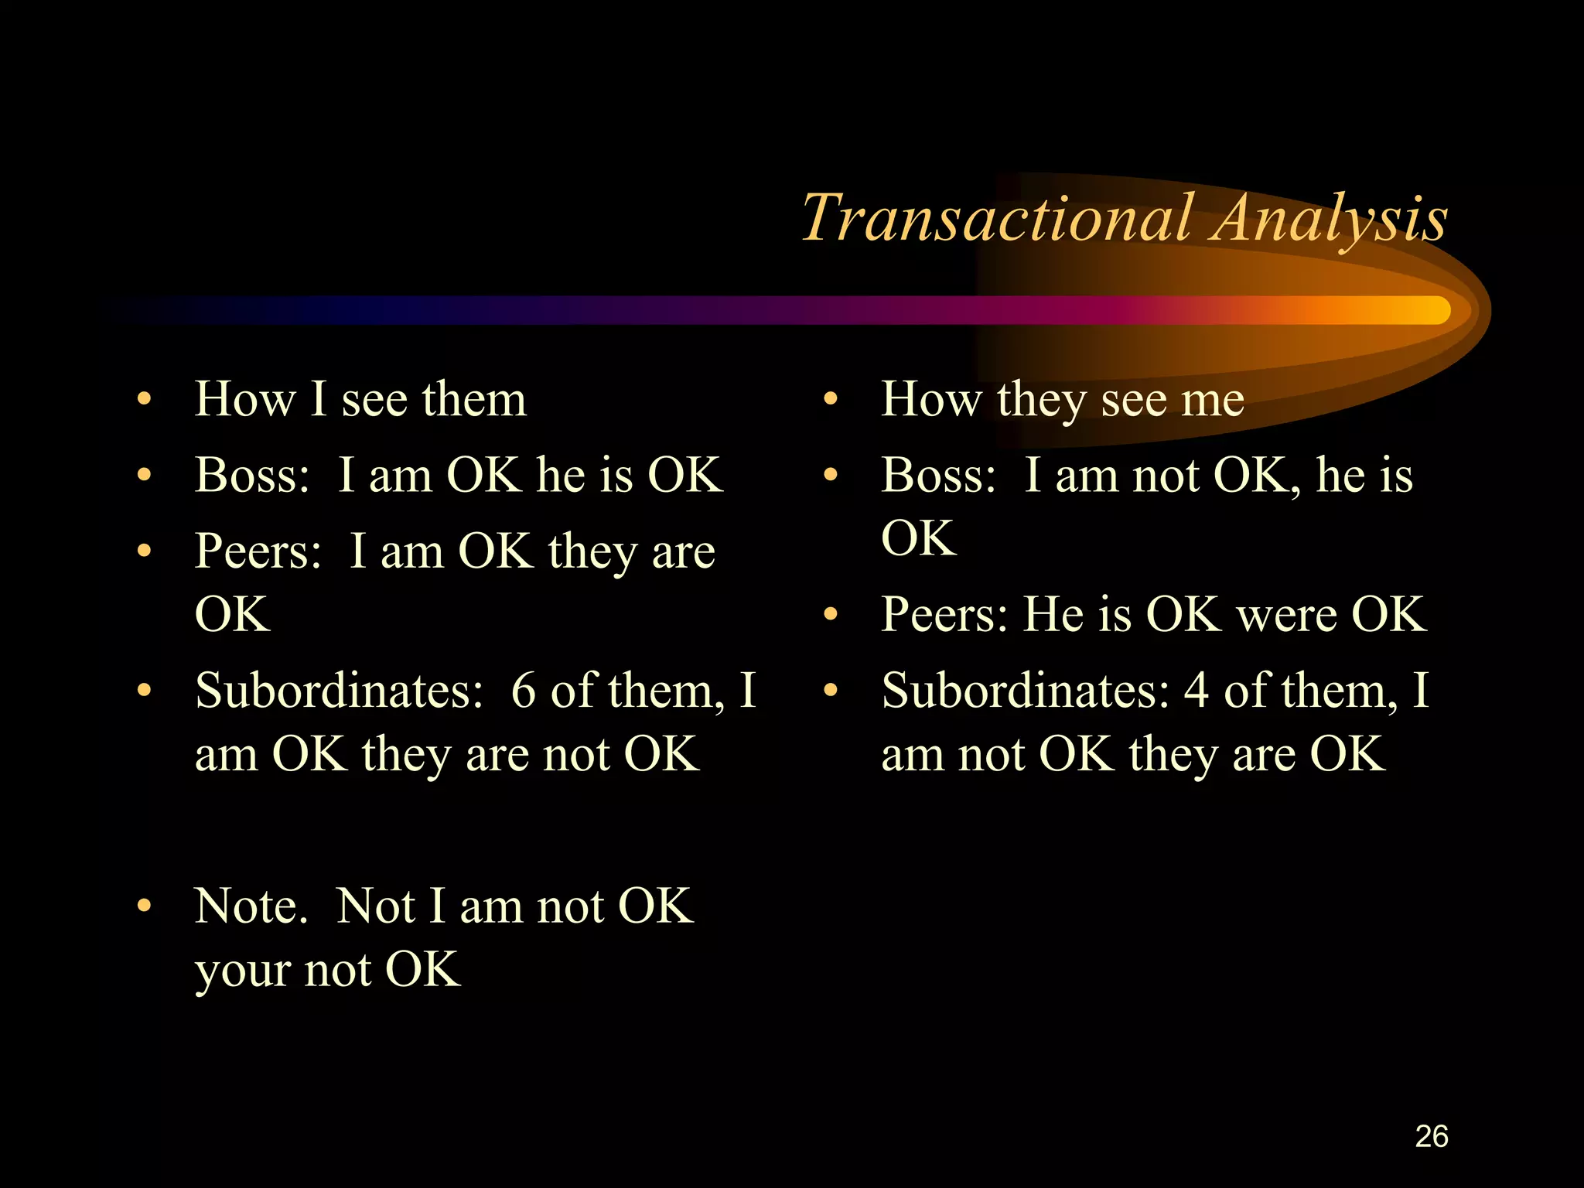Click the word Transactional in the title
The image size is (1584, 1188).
tap(998, 218)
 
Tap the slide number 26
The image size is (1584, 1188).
tap(1431, 1136)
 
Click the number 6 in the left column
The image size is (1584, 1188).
tap(524, 691)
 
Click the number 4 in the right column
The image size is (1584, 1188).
tap(1197, 691)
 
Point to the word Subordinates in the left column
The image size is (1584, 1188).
tap(338, 691)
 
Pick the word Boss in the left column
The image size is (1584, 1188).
tap(251, 475)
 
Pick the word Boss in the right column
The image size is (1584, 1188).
tap(937, 475)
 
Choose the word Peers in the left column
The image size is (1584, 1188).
tap(257, 551)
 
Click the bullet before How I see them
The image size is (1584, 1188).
tap(144, 400)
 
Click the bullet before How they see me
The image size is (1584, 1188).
tap(831, 400)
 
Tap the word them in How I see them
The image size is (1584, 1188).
tap(474, 400)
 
